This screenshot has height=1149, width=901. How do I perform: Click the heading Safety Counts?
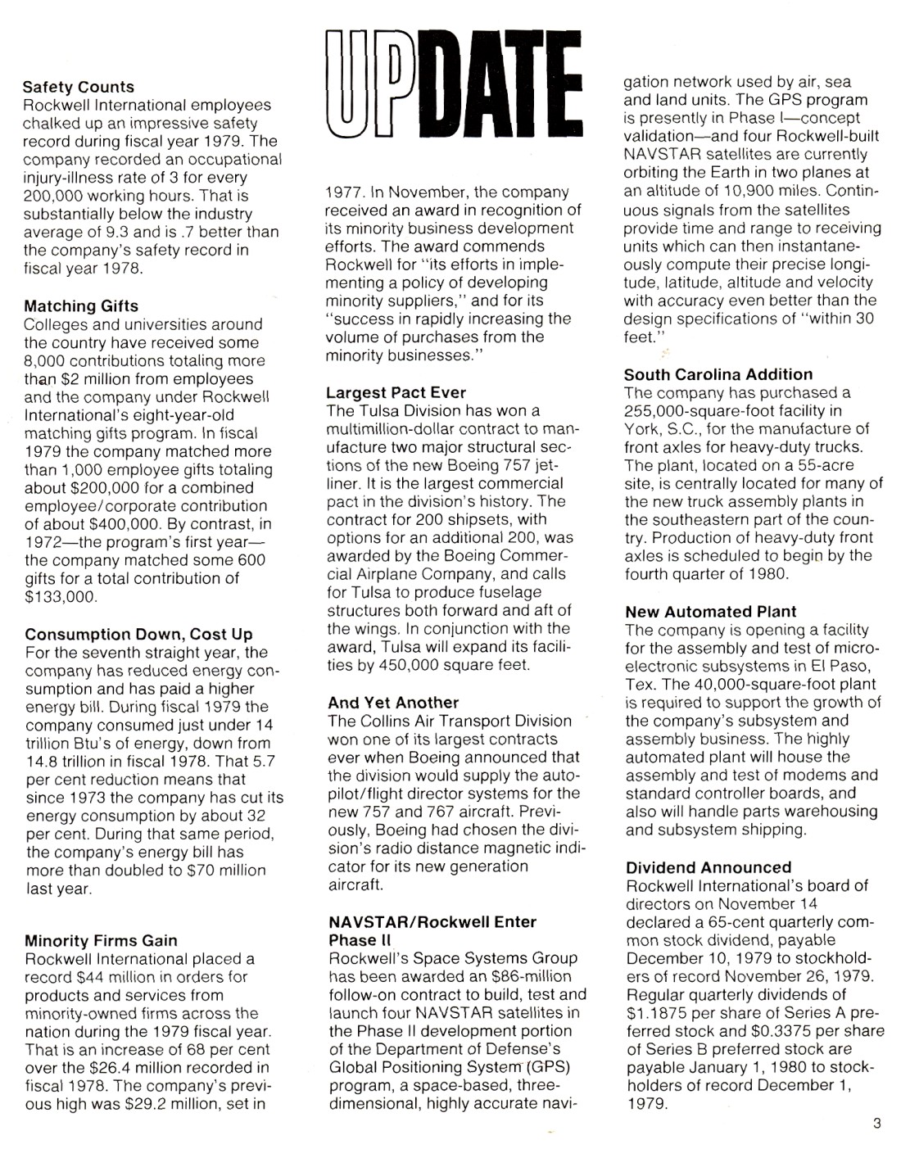[79, 87]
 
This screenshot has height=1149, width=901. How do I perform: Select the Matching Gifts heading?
[81, 306]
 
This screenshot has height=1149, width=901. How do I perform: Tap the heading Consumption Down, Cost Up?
[138, 635]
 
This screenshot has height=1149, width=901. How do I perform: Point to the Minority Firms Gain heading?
[101, 940]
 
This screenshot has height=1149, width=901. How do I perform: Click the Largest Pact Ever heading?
[396, 392]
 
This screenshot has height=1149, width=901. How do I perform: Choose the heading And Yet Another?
[393, 703]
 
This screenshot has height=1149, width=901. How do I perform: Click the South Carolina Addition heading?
[718, 374]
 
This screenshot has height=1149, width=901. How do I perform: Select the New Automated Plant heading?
[710, 612]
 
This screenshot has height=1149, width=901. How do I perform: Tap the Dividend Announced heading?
[709, 867]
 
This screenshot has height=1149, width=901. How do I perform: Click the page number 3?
[876, 1124]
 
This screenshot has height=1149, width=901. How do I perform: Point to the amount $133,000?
[61, 597]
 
